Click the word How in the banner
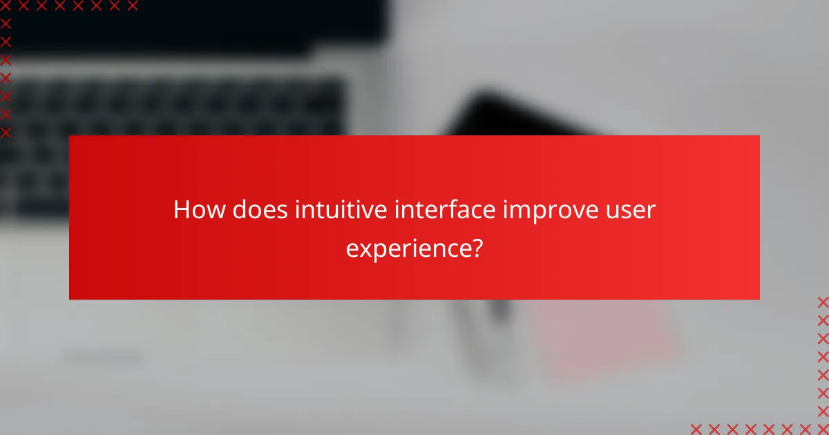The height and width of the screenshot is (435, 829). click(x=199, y=210)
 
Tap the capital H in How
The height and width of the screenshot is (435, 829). click(x=182, y=210)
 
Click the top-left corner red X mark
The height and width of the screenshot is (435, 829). click(x=6, y=6)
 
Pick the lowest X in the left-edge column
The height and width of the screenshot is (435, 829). click(x=6, y=132)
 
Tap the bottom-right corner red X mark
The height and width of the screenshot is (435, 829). click(x=823, y=429)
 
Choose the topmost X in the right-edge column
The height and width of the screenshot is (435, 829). click(x=823, y=302)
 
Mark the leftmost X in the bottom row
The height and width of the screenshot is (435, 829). click(x=696, y=429)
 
